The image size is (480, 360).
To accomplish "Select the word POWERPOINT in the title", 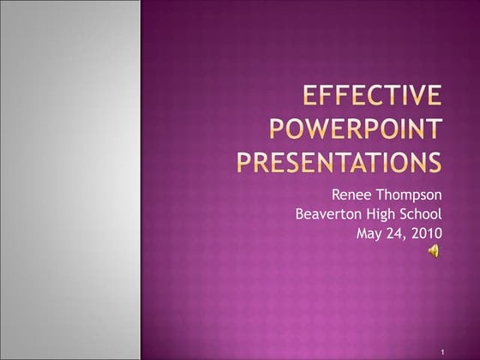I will [356, 129].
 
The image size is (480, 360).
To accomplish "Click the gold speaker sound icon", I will [435, 250].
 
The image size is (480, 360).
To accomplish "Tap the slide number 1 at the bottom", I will [439, 351].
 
